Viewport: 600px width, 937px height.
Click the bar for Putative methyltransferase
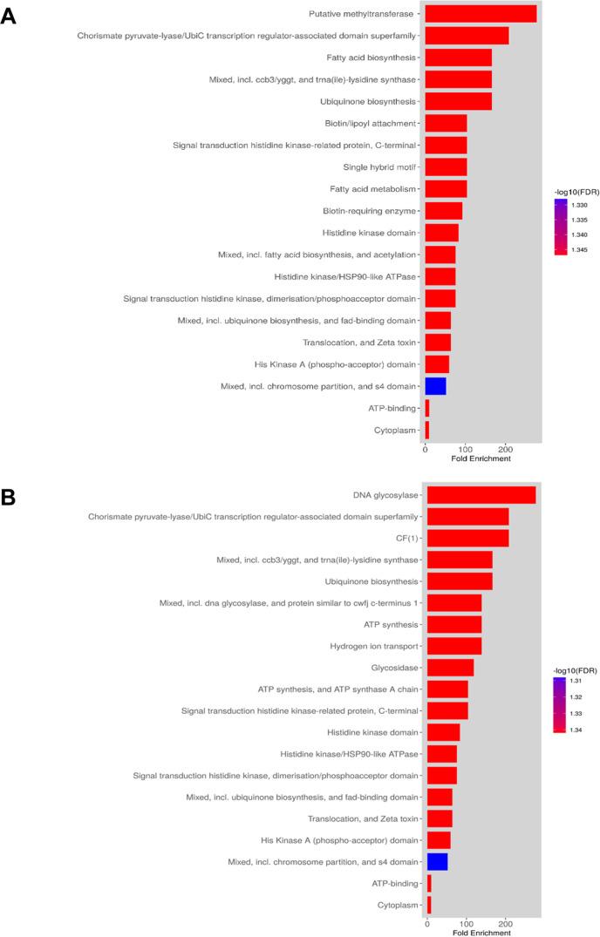pyautogui.click(x=480, y=14)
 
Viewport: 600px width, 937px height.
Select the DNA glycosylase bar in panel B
pyautogui.click(x=481, y=495)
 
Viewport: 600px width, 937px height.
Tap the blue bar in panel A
pyautogui.click(x=435, y=386)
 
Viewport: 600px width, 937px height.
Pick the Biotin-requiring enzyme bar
pyautogui.click(x=443, y=211)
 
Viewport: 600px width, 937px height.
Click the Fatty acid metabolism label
pyautogui.click(x=372, y=189)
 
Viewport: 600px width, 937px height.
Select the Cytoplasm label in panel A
pyautogui.click(x=395, y=430)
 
